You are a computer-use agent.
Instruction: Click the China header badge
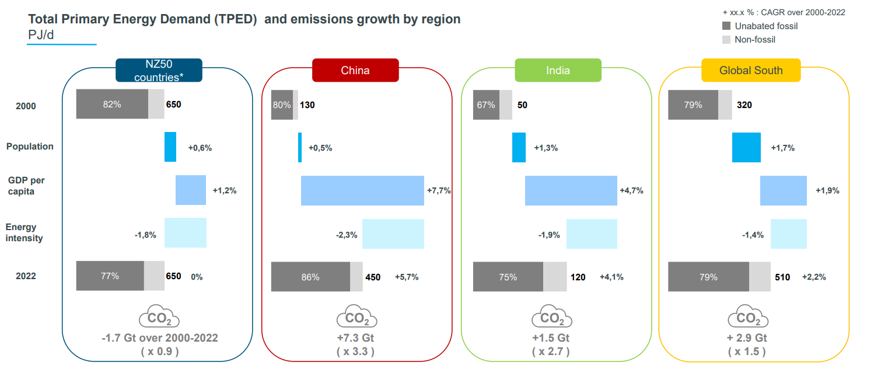[x=355, y=70]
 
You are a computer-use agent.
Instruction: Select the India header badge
[x=558, y=70]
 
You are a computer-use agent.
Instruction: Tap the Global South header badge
[x=751, y=70]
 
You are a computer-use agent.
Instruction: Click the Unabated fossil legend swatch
[x=726, y=26]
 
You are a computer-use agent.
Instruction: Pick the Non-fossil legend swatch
[x=726, y=40]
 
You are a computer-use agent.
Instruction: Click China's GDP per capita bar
[x=362, y=190]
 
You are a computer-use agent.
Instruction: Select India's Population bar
[x=519, y=147]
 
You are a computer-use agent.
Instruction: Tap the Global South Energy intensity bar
[x=789, y=234]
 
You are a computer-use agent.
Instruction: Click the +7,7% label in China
[x=439, y=191]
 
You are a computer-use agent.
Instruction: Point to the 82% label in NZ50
[x=111, y=105]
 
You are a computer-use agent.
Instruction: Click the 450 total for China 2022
[x=373, y=277]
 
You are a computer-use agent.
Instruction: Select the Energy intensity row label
[x=22, y=232]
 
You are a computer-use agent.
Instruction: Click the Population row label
[x=30, y=147]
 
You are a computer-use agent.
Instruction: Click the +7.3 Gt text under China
[x=355, y=338]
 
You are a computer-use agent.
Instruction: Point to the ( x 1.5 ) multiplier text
[x=747, y=352]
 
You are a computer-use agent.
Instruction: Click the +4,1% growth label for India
[x=611, y=277]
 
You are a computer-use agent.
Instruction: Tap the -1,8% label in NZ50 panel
[x=145, y=235]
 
